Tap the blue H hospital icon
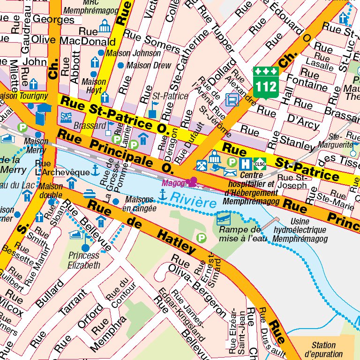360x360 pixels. point(245,164)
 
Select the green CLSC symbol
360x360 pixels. point(259,164)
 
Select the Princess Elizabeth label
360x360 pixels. point(84,260)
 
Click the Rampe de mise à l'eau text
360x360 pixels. point(240,234)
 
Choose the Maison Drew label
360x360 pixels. point(149,66)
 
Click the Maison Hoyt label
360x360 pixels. point(94,85)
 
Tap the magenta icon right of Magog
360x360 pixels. point(191,181)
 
